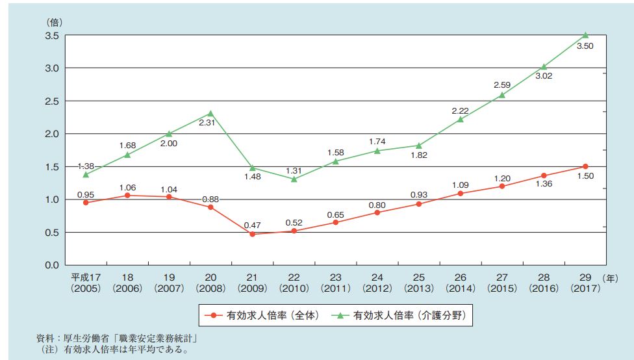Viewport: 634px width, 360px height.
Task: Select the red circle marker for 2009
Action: tap(252, 234)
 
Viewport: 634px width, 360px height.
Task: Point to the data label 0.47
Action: tap(252, 225)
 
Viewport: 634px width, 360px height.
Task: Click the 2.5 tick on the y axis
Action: tap(52, 101)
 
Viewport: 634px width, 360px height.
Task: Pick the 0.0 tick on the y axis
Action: tap(52, 265)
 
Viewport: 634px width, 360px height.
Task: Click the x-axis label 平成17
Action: tap(86, 277)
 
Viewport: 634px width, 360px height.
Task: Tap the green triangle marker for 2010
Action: tap(295, 178)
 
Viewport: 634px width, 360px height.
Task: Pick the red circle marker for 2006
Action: tap(128, 195)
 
